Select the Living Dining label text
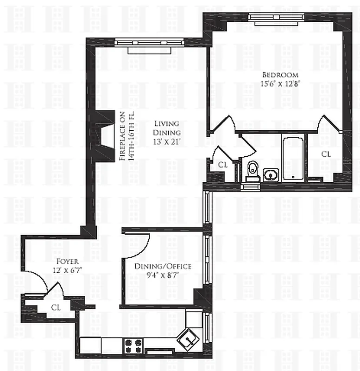166,128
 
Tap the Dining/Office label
163,266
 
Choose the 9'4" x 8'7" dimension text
163,275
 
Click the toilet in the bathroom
253,169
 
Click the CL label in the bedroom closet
326,154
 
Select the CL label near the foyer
56,307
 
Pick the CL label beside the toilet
223,164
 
